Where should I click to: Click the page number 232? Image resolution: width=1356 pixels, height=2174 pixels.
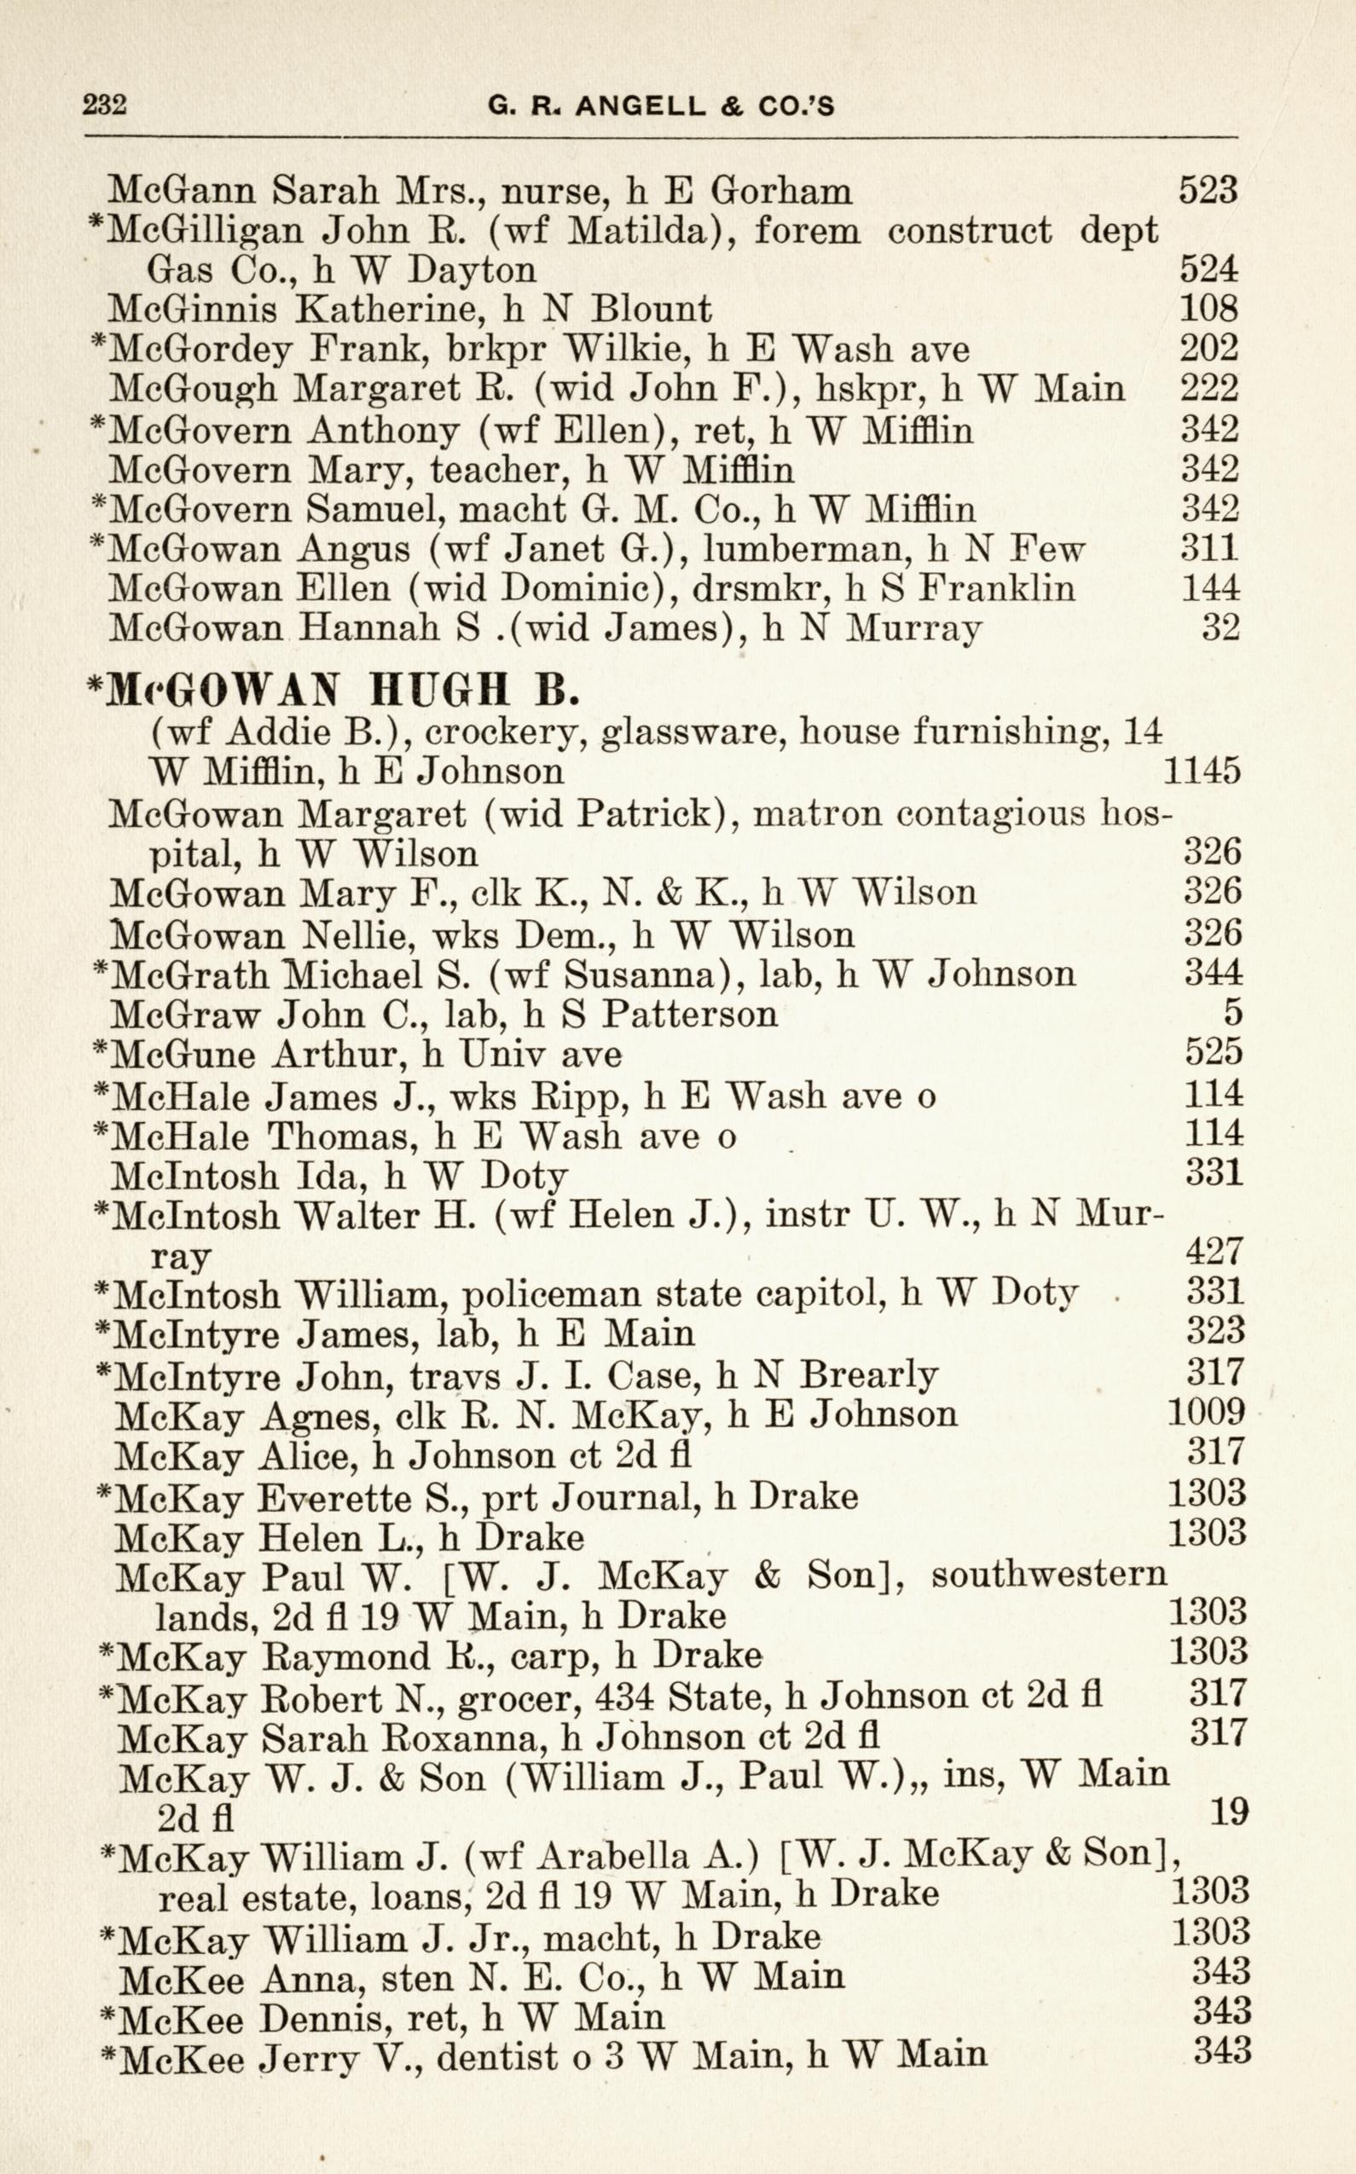point(105,106)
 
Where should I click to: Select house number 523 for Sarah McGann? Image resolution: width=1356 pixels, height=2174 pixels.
point(1208,190)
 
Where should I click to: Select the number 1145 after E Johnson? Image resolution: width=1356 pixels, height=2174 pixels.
point(1202,771)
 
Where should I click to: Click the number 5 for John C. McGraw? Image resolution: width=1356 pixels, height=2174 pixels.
point(1232,1013)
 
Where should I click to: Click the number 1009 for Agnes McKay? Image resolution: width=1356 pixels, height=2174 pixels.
point(1206,1413)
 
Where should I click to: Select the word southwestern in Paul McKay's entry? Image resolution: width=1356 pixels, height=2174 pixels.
point(1048,1575)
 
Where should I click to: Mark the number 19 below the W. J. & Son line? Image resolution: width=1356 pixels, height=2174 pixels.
point(1230,1813)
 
